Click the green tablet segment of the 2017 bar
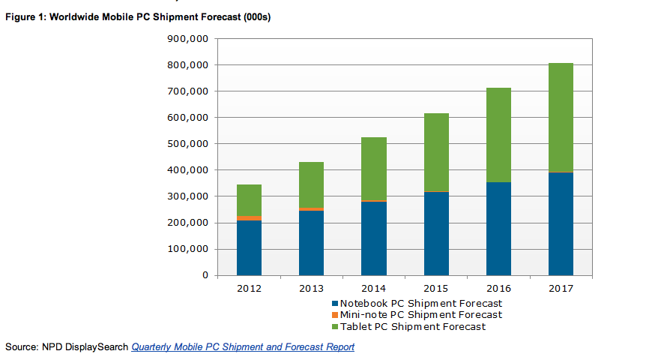tap(561, 118)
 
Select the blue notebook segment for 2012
tap(249, 247)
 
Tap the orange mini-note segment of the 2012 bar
tap(249, 218)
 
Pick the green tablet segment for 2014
tap(373, 169)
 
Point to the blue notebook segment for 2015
tap(436, 233)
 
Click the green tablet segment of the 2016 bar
tap(498, 135)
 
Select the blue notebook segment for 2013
tap(311, 243)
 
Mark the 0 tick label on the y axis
tap(205, 275)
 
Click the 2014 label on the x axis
tap(373, 289)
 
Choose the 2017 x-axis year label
tap(561, 289)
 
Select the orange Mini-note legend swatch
tap(334, 315)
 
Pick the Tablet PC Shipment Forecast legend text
tap(413, 326)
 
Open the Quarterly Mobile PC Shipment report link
tap(243, 346)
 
